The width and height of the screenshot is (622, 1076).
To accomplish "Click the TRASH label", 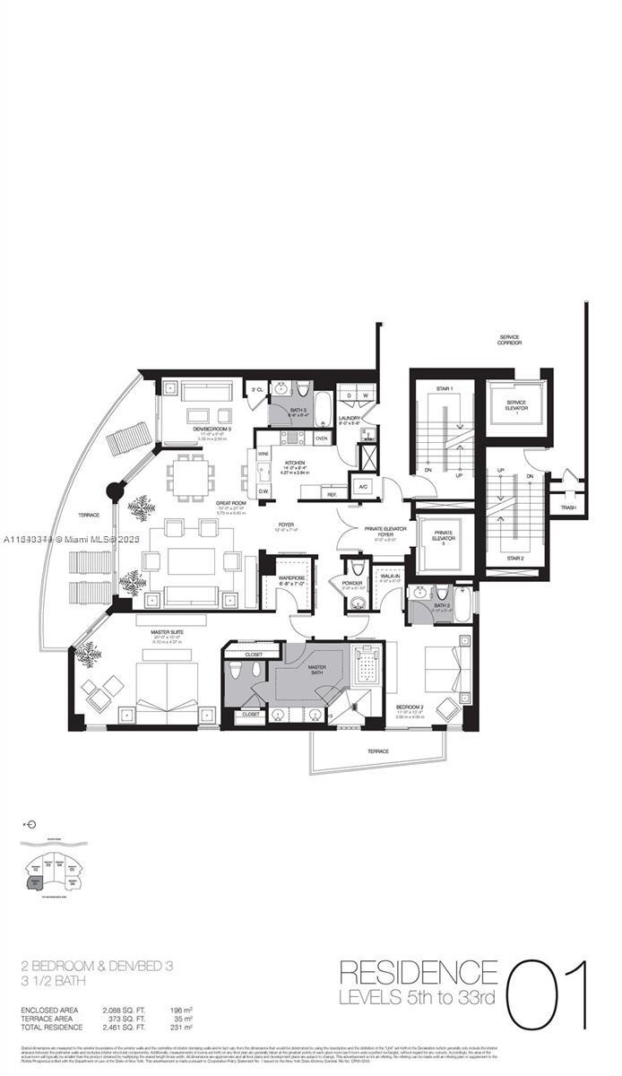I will click(x=568, y=508).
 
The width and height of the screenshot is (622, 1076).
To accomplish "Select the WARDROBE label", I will click(x=292, y=579).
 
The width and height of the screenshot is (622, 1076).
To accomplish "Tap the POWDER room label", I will click(x=357, y=584).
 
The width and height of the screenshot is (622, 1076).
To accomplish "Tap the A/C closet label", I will click(x=364, y=487).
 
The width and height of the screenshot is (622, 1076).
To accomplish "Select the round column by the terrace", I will click(x=115, y=490).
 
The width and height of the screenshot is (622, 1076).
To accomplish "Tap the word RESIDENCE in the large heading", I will click(x=419, y=973).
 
